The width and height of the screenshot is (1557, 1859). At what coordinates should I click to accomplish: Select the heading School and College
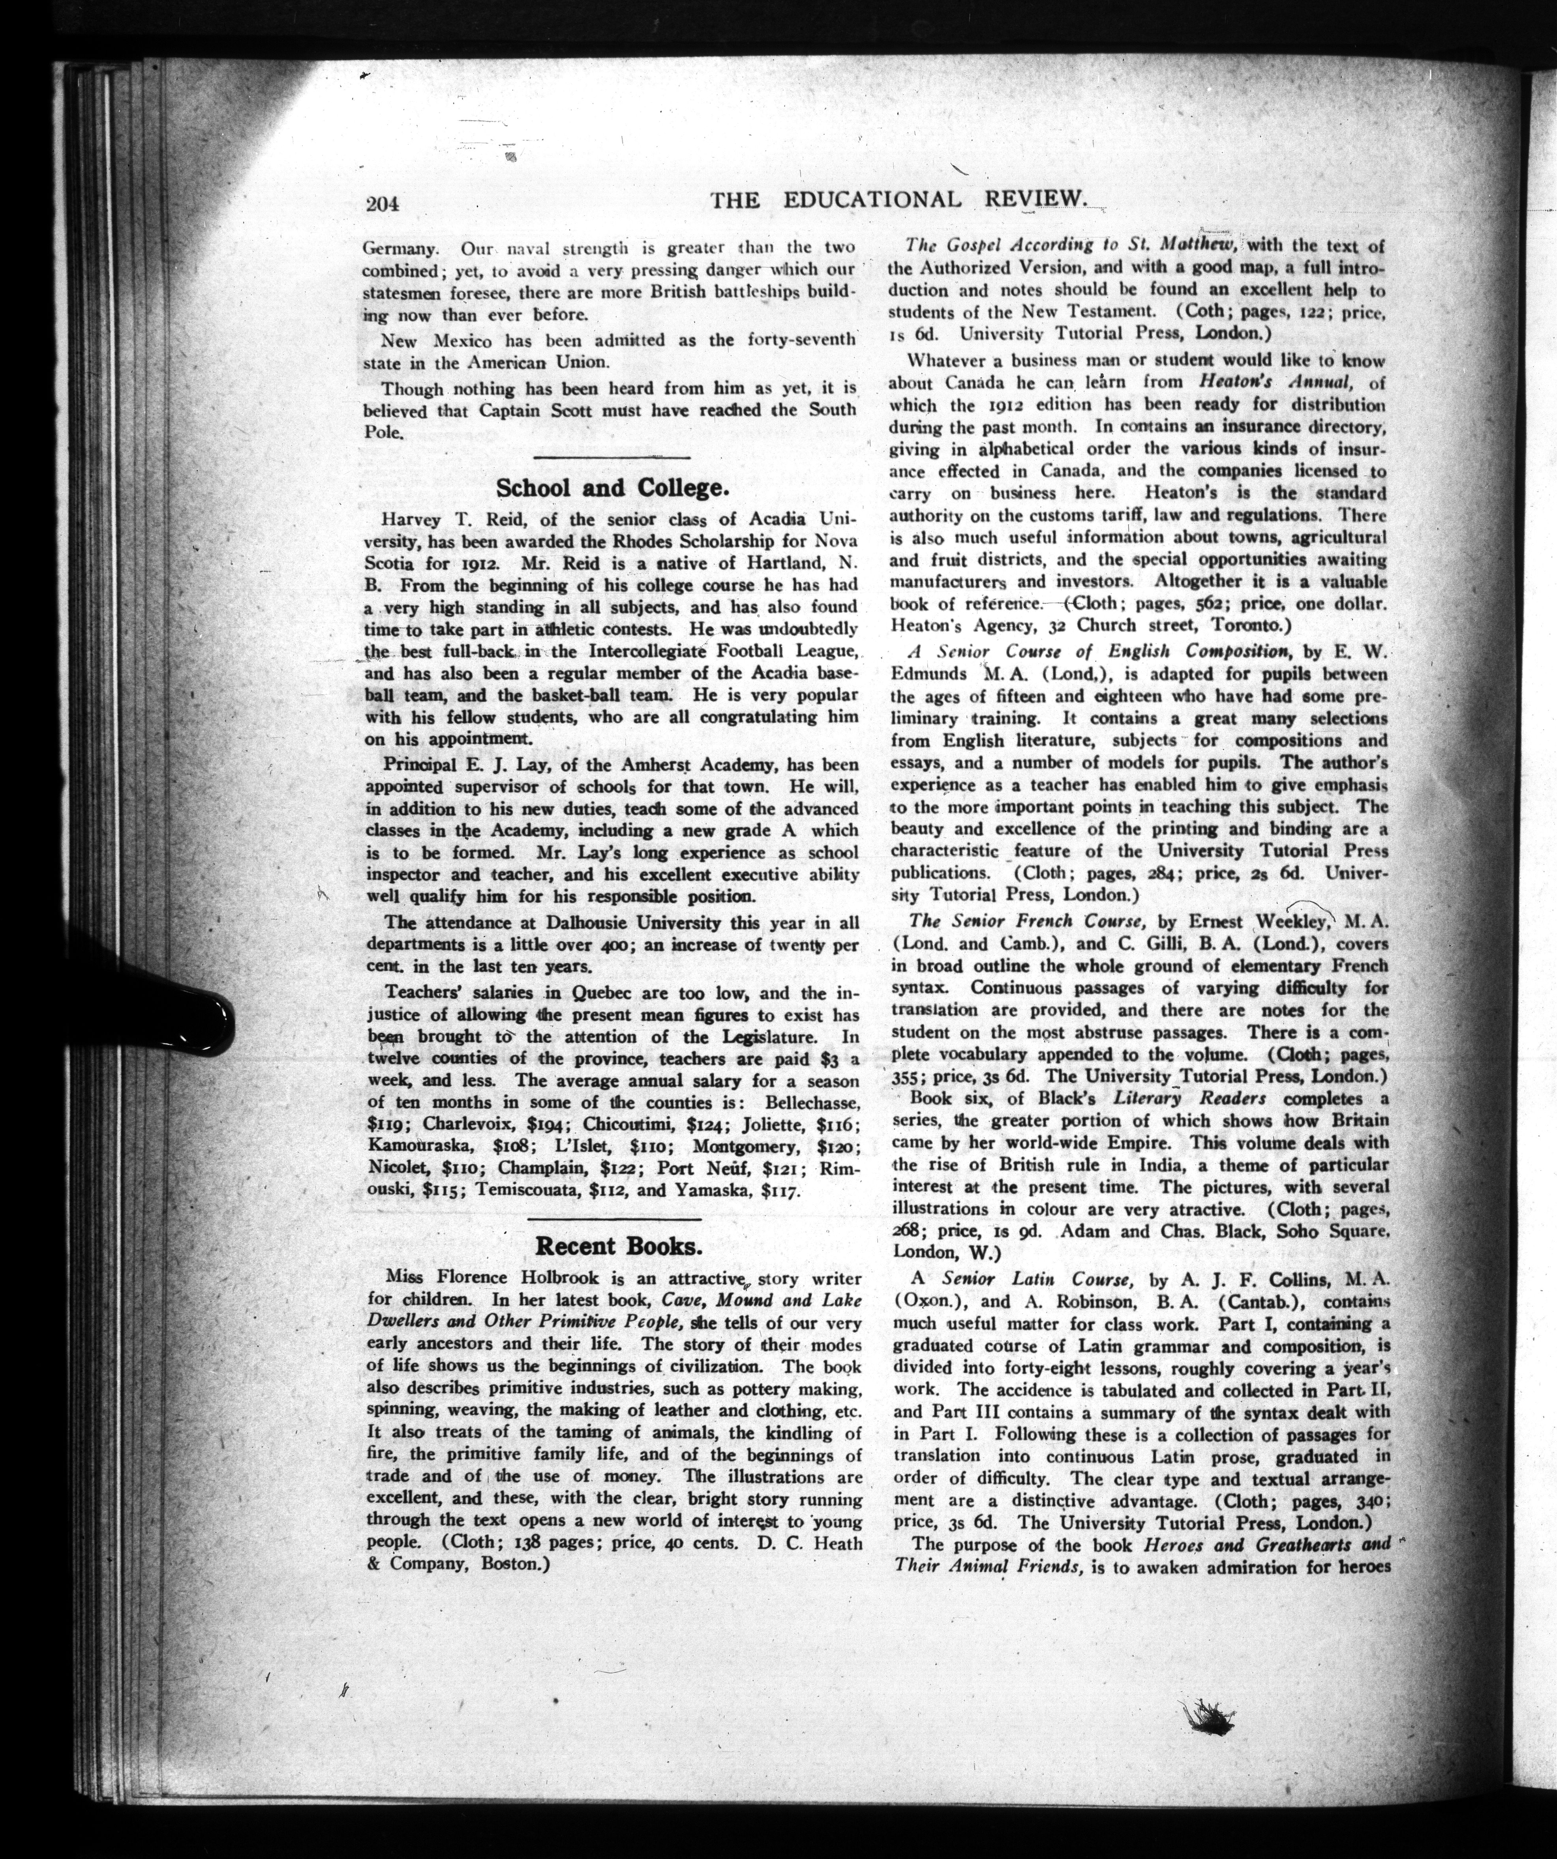point(612,488)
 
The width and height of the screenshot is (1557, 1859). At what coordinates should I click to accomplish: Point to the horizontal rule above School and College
point(613,457)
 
